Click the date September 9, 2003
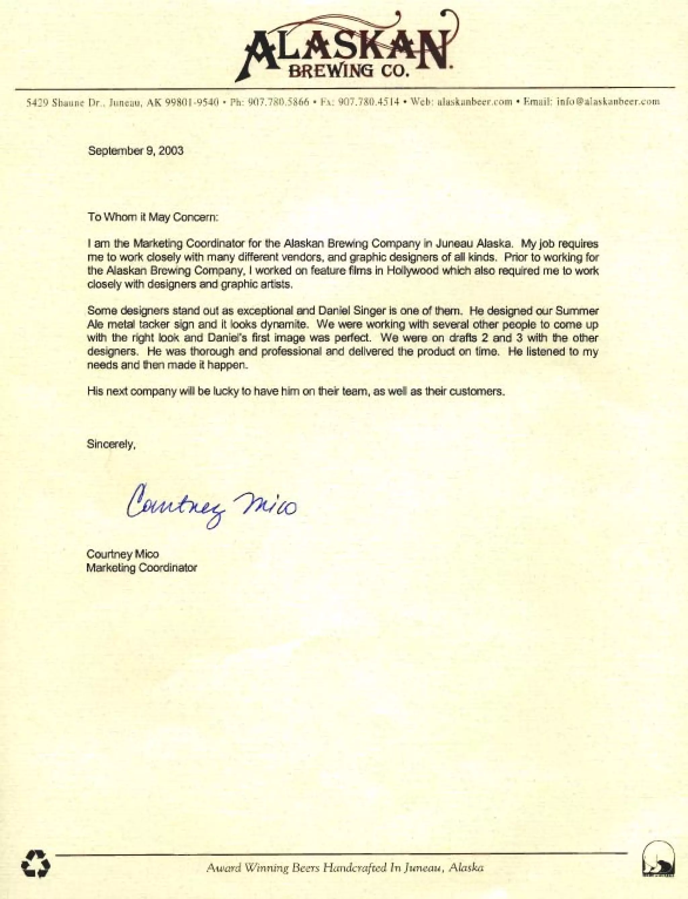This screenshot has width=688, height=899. [x=136, y=151]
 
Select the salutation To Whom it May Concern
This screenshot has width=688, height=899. [x=154, y=217]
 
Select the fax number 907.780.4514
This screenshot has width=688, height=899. [x=368, y=102]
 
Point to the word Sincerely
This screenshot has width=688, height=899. [x=111, y=444]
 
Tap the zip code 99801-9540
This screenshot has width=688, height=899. [x=192, y=102]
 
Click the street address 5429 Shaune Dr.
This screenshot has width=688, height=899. [x=61, y=102]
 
